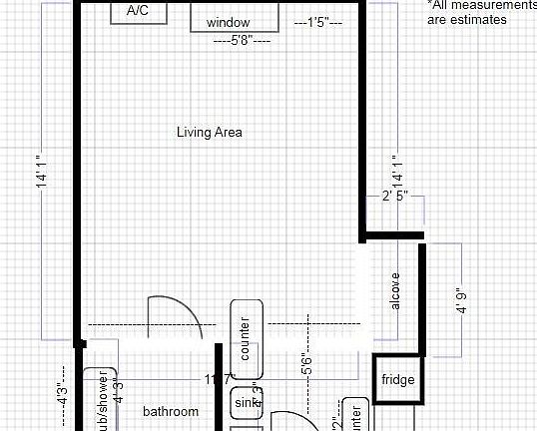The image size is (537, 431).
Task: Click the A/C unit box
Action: pos(139,12)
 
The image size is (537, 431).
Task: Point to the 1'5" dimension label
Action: pos(318,21)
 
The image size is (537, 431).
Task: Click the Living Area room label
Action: pos(209,132)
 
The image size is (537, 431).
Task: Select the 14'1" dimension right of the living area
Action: pos(397,173)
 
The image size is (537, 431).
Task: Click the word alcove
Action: pos(395,290)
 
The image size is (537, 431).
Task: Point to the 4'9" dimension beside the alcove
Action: pos(461,300)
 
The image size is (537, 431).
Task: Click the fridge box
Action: pos(397,379)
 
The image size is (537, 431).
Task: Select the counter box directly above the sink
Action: pos(246,339)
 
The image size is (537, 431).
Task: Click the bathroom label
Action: pos(170,411)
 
